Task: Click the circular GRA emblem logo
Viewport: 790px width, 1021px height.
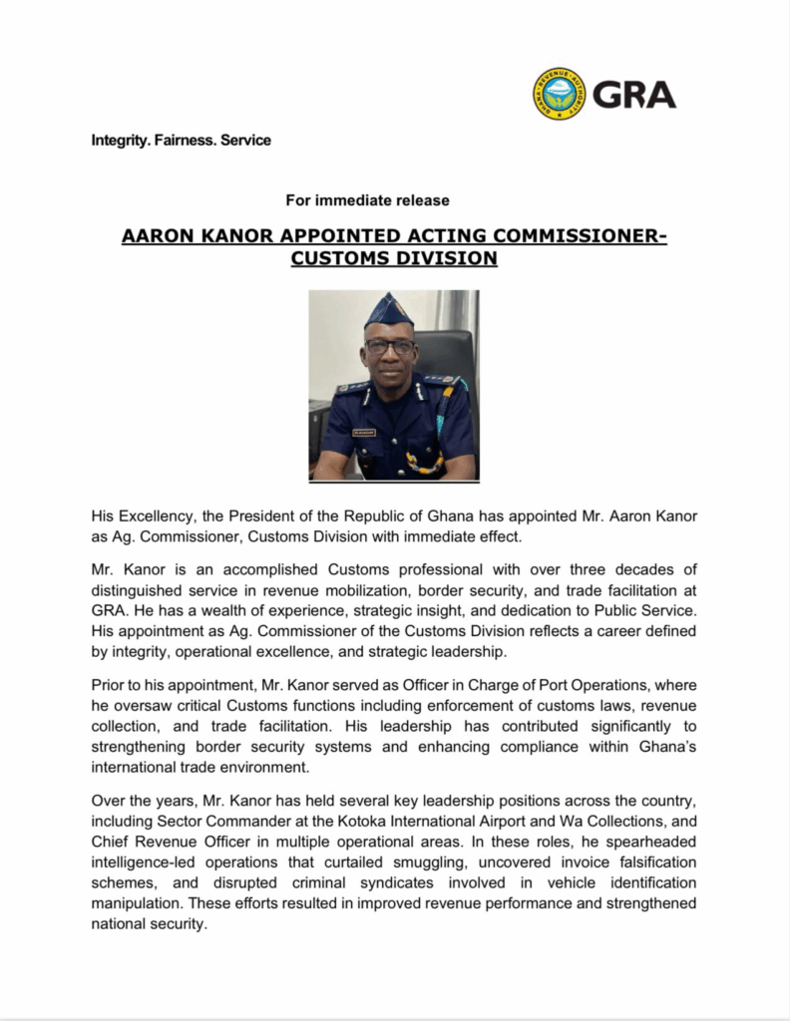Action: click(x=560, y=95)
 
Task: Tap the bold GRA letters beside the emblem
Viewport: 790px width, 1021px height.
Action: click(x=634, y=95)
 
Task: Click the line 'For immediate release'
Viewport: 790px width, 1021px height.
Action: click(x=367, y=200)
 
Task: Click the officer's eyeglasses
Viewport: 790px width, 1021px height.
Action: click(x=390, y=347)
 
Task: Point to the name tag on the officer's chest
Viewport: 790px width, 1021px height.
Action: click(x=365, y=432)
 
